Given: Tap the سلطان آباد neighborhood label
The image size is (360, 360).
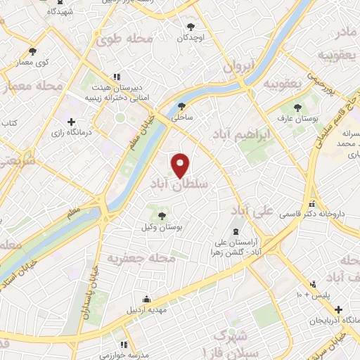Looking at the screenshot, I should (x=179, y=184).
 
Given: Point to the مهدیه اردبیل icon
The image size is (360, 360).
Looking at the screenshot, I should (x=146, y=297).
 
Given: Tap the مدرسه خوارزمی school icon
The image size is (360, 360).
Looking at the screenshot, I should (x=124, y=345).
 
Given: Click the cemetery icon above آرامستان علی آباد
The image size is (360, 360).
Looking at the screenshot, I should (x=234, y=232).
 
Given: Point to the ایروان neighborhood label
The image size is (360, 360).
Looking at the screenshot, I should (x=237, y=67).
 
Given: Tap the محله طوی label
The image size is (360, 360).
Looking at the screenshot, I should (x=124, y=39).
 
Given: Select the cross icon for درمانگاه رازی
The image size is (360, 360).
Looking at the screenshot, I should (x=72, y=121).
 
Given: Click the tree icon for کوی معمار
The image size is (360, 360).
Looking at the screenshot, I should (x=32, y=51).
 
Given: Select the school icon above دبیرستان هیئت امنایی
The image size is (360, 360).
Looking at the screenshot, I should (x=117, y=77).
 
